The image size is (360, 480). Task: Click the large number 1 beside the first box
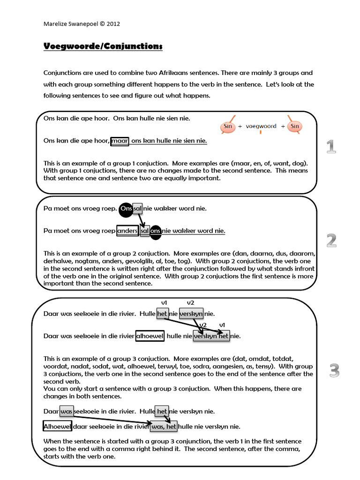pyautogui.click(x=331, y=147)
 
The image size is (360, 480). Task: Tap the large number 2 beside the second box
pyautogui.click(x=331, y=240)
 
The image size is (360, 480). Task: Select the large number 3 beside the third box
pyautogui.click(x=333, y=371)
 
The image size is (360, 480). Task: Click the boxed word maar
pyautogui.click(x=120, y=141)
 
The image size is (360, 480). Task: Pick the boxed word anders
pyautogui.click(x=127, y=231)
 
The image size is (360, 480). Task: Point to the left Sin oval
pyautogui.click(x=228, y=127)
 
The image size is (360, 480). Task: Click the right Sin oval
pyautogui.click(x=294, y=127)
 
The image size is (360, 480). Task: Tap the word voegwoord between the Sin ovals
pyautogui.click(x=261, y=127)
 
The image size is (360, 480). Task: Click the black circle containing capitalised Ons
pyautogui.click(x=126, y=208)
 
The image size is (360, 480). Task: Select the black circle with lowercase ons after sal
pyautogui.click(x=156, y=231)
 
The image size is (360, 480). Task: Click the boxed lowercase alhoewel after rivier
pyautogui.click(x=150, y=336)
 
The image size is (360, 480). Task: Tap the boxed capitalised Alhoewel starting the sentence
pyautogui.click(x=57, y=426)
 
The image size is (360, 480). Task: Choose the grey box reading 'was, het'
pyautogui.click(x=163, y=426)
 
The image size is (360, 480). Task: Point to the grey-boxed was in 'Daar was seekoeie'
pyautogui.click(x=67, y=411)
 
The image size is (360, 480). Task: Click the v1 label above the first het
pyautogui.click(x=164, y=303)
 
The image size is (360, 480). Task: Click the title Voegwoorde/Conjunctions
pyautogui.click(x=103, y=46)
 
